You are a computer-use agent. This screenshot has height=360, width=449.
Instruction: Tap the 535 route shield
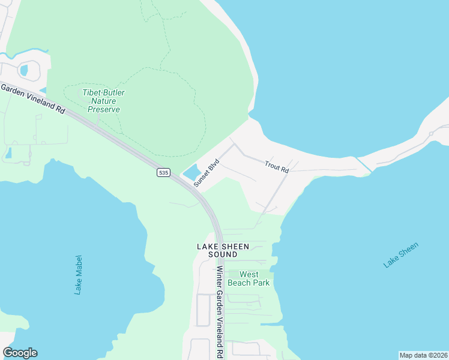click(x=163, y=172)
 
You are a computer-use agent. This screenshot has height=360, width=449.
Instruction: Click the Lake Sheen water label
click(x=400, y=255)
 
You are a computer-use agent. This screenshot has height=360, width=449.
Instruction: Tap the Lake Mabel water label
click(x=79, y=274)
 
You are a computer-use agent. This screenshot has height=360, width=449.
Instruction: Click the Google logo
click(x=20, y=353)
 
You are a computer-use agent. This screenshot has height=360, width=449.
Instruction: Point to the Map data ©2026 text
click(x=423, y=355)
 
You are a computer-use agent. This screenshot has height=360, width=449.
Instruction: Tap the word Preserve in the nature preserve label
click(x=104, y=109)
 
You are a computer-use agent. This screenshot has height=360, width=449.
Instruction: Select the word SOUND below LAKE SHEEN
click(x=218, y=254)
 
